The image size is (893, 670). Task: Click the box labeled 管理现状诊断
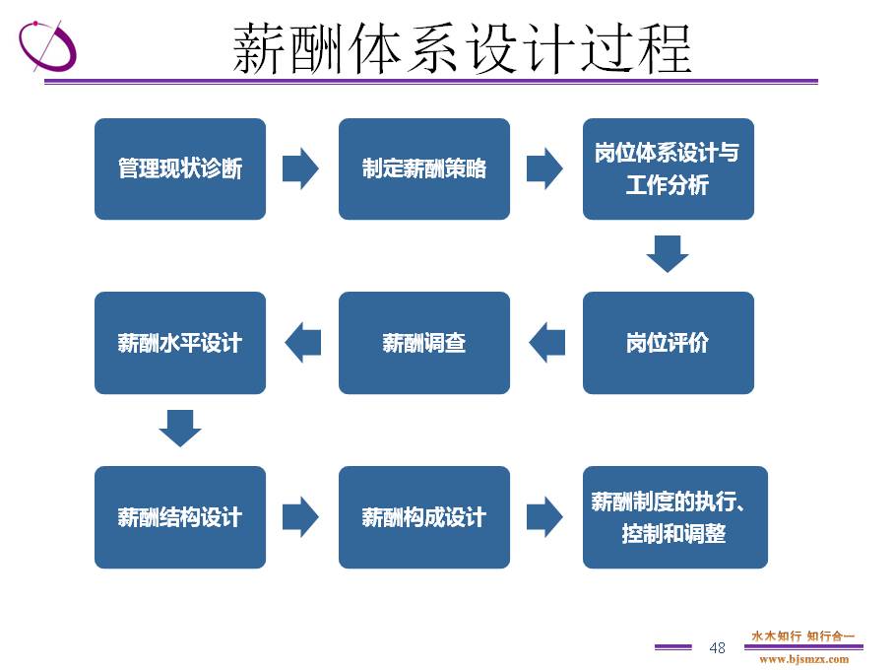coord(180,168)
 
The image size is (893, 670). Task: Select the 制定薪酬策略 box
coord(424,168)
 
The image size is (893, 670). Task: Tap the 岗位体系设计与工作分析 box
coord(669,168)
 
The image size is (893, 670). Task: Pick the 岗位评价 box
coord(669,343)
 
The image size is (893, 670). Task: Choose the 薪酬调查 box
coord(424,343)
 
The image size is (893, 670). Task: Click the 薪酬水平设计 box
coord(180,343)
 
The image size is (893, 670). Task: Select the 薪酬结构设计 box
coord(180,517)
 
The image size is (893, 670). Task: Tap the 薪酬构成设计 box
coord(424,517)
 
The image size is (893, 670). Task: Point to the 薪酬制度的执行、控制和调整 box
coord(674,517)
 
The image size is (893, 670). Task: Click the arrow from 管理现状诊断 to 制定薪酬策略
coord(300,168)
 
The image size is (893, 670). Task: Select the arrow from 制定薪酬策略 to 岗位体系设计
coord(545,168)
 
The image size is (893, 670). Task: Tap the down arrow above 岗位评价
coord(668,254)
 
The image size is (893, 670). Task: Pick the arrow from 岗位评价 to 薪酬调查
coord(546,343)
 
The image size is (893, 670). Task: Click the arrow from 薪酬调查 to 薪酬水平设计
coord(302,343)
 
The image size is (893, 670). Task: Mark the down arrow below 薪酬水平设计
coord(180,429)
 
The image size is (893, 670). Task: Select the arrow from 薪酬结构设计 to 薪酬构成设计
coord(300,516)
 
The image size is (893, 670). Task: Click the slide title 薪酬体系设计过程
coord(463,49)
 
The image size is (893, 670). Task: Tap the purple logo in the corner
coord(47,45)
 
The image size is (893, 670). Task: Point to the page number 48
coord(718,647)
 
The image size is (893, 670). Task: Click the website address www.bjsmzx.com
coord(803,659)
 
